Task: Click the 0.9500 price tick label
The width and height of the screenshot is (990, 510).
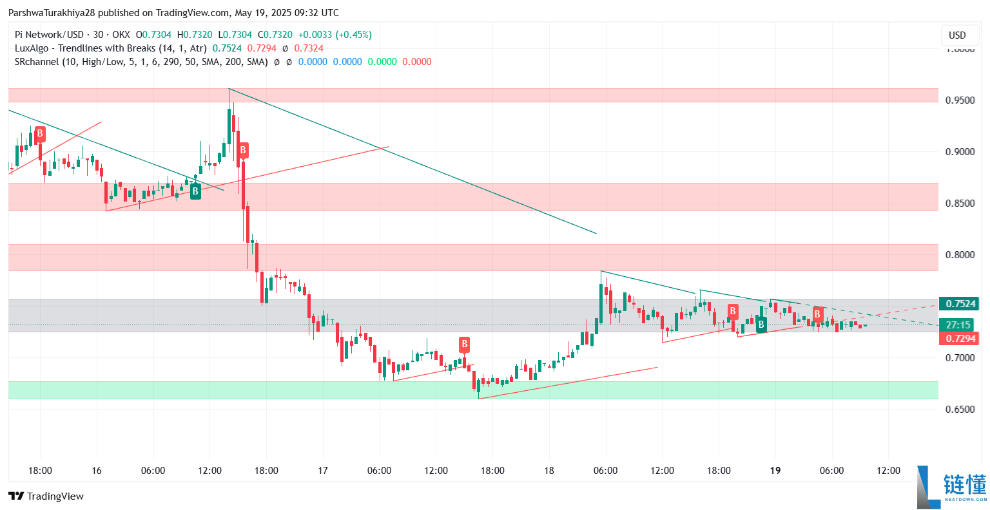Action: [960, 100]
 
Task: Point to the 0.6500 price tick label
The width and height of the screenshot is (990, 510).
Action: [960, 410]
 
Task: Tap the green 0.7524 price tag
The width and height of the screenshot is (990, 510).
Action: [958, 304]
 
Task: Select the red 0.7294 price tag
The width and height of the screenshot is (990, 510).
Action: [958, 339]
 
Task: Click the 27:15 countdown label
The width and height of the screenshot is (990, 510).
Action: [958, 325]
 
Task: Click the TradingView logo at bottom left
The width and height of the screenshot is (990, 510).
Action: [46, 496]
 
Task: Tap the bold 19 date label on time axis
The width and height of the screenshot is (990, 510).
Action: [775, 471]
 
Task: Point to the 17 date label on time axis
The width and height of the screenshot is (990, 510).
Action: [323, 471]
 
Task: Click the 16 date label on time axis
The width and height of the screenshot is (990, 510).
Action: [97, 471]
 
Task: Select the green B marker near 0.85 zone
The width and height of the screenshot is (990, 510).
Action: [195, 191]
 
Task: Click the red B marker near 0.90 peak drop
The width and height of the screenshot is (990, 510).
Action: [243, 151]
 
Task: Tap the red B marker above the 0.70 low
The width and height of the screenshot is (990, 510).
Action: [464, 344]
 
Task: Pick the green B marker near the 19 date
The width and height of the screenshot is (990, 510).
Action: [761, 325]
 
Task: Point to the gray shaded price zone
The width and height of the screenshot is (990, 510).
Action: [451, 315]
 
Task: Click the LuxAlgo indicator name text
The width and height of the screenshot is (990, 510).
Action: [110, 48]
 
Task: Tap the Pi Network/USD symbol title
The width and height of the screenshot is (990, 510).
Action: [48, 35]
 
